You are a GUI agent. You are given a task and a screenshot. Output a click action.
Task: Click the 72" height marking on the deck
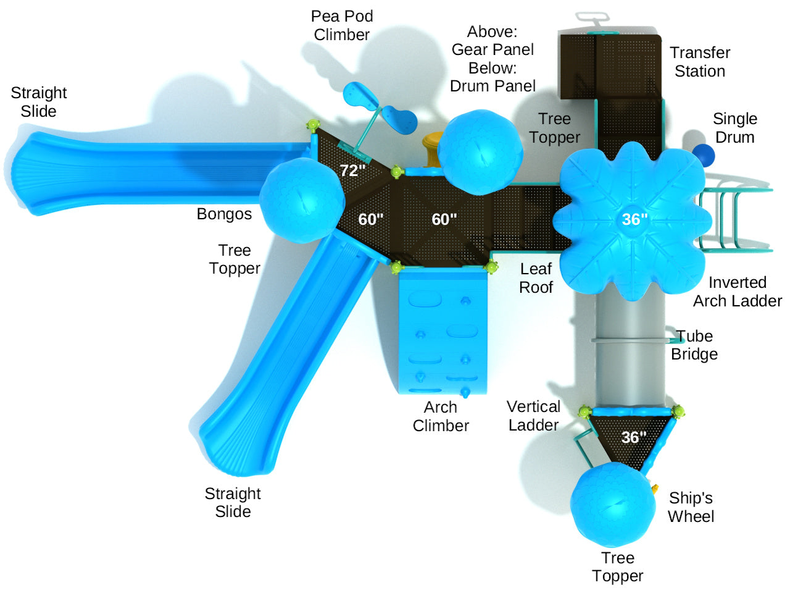point(352,170)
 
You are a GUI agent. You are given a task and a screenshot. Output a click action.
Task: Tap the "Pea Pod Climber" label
point(342,25)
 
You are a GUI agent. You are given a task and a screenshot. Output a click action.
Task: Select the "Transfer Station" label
point(700,62)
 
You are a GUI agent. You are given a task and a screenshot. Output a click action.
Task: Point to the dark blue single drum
point(703,155)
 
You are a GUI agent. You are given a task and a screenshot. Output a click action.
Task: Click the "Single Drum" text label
point(734,128)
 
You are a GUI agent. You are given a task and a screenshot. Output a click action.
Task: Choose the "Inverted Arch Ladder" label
point(737,292)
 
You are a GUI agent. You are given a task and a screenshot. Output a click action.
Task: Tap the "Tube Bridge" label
point(694,345)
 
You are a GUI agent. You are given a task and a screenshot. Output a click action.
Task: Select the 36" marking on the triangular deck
point(633,437)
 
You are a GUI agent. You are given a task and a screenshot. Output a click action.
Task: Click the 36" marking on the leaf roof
point(634,219)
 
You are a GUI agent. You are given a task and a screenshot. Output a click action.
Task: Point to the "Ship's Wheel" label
point(691,507)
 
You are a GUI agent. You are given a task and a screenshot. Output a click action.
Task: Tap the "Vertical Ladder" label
point(533,416)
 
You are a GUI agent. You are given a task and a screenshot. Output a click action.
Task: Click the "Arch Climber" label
point(441,416)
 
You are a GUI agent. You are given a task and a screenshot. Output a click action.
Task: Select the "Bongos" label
point(224,214)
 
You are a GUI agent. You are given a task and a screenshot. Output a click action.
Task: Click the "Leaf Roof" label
point(536,278)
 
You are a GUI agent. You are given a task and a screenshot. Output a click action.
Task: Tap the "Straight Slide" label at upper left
point(39,102)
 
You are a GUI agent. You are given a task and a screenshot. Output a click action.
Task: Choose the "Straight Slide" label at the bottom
point(233,502)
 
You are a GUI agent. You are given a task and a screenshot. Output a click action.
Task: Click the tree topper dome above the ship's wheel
point(613,503)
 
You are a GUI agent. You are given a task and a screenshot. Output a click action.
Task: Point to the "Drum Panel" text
point(493,86)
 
